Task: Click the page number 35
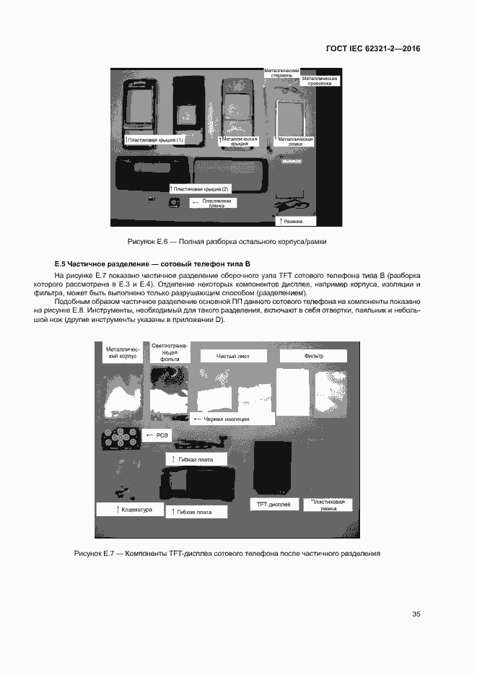[416, 614]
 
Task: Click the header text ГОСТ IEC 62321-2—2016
[373, 49]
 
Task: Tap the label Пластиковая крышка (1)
[154, 139]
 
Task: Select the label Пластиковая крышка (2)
[200, 188]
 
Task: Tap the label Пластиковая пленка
[214, 202]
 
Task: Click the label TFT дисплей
[273, 504]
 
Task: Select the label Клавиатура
[134, 510]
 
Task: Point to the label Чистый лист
[232, 356]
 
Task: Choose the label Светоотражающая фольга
[169, 352]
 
